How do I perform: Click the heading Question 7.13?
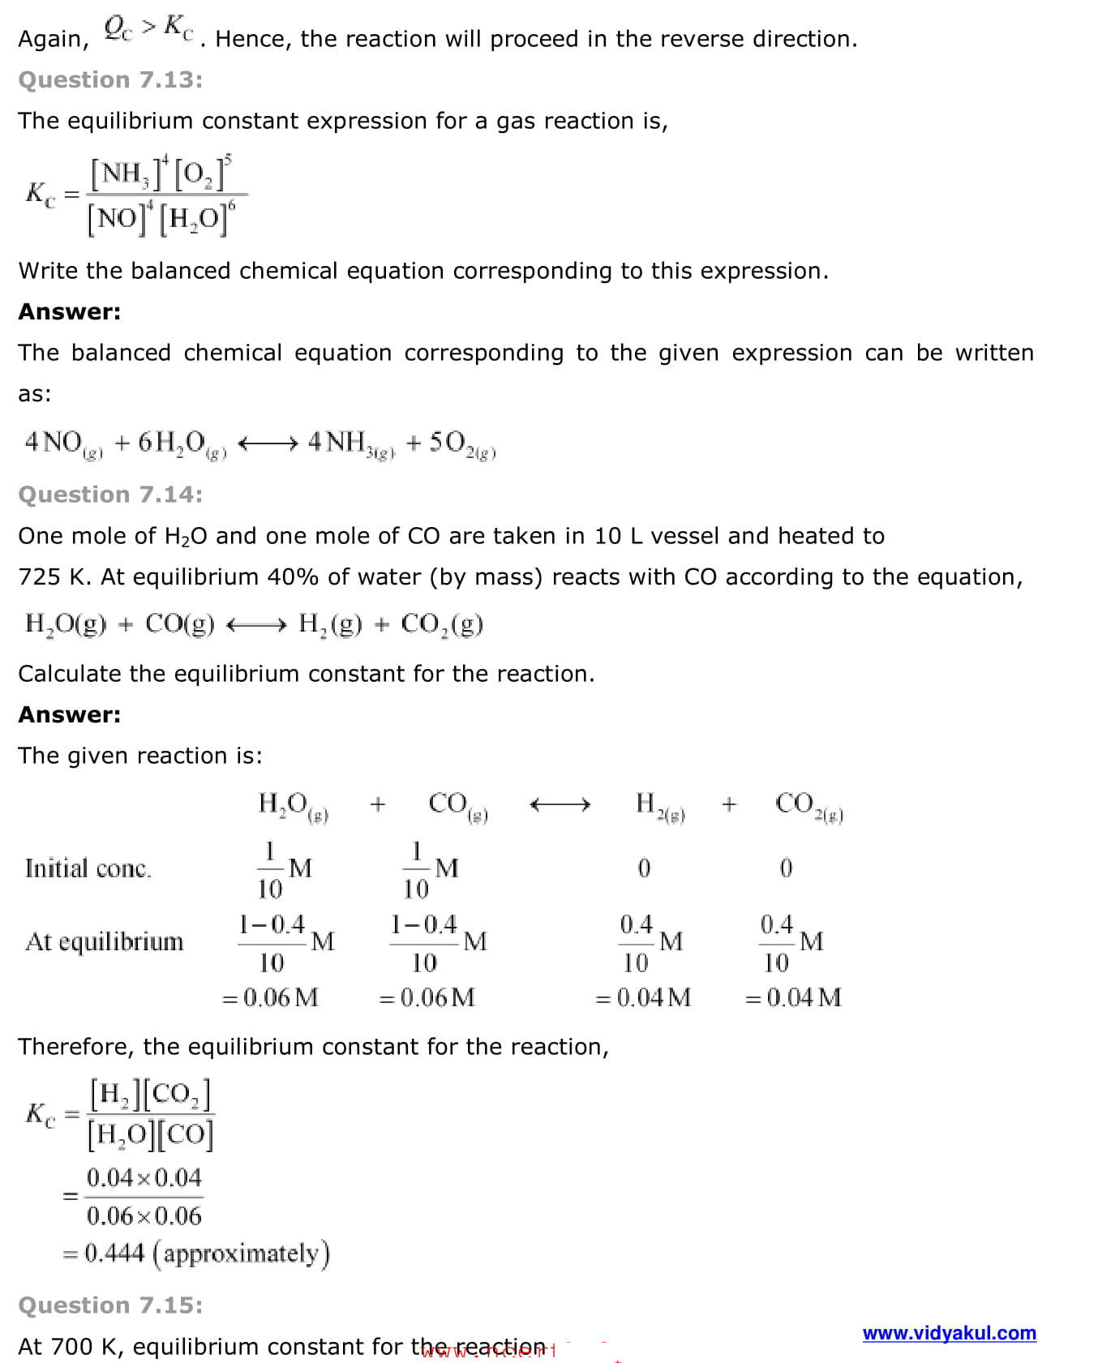pyautogui.click(x=110, y=79)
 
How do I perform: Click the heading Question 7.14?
pyautogui.click(x=110, y=495)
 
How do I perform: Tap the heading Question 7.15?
pyautogui.click(x=110, y=1305)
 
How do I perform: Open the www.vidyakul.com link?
pyautogui.click(x=949, y=1333)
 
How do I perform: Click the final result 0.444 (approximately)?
pyautogui.click(x=206, y=1254)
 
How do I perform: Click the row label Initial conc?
pyautogui.click(x=88, y=868)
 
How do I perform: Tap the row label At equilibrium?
pyautogui.click(x=105, y=941)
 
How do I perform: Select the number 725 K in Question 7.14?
pyautogui.click(x=53, y=576)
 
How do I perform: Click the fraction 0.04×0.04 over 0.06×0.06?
pyautogui.click(x=144, y=1196)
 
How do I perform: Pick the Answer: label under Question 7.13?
pyautogui.click(x=69, y=311)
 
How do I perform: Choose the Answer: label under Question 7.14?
pyautogui.click(x=69, y=714)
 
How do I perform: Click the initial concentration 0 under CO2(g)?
pyautogui.click(x=786, y=868)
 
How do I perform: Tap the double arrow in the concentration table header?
pyautogui.click(x=560, y=804)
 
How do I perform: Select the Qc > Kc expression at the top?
pyautogui.click(x=148, y=29)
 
